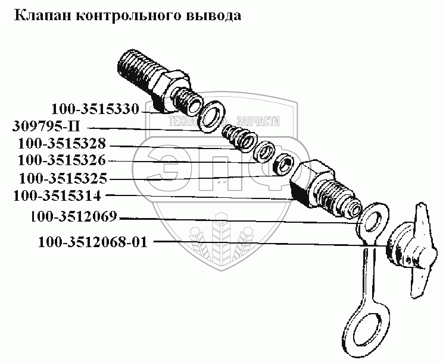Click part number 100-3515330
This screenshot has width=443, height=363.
pyautogui.click(x=95, y=109)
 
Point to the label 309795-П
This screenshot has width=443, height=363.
pyautogui.click(x=46, y=127)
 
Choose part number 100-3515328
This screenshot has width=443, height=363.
pyautogui.click(x=62, y=143)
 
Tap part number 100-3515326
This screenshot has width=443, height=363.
pyautogui.click(x=62, y=160)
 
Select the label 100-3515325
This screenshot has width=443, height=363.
pyautogui.click(x=63, y=178)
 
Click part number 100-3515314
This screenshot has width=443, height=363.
pyautogui.click(x=57, y=196)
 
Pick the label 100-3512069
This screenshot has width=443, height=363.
pyautogui.click(x=73, y=216)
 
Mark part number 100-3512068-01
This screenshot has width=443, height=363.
pyautogui.click(x=93, y=242)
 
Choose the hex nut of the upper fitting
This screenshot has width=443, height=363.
pyautogui.click(x=171, y=91)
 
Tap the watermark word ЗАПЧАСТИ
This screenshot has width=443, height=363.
pyautogui.click(x=258, y=121)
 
